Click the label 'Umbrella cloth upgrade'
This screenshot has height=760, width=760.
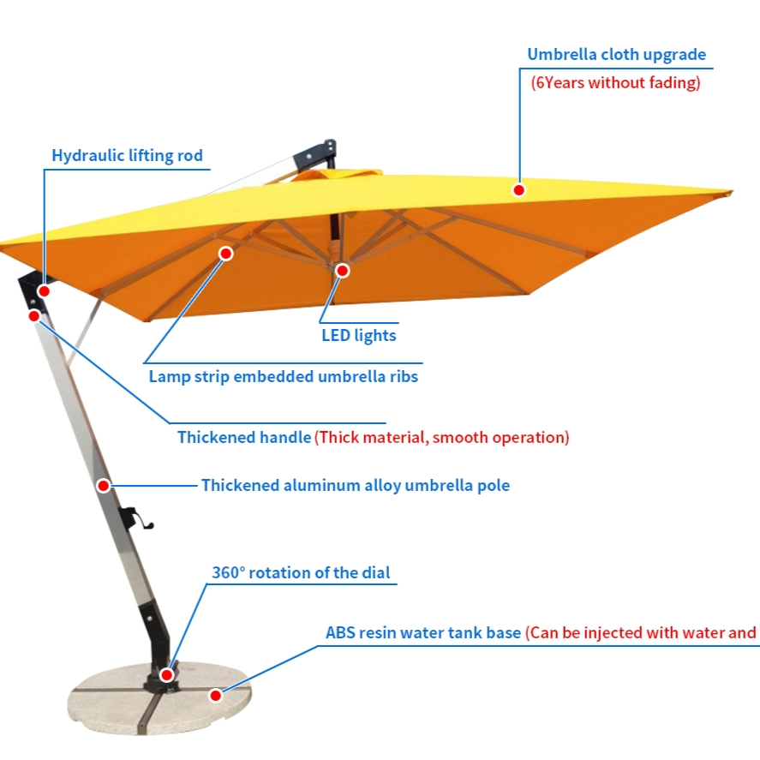[616, 55]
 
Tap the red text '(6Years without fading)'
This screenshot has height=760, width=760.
[616, 83]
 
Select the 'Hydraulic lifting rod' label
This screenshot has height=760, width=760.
[127, 156]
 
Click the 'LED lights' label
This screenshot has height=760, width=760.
[359, 335]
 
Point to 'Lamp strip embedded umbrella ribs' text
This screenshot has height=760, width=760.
[284, 376]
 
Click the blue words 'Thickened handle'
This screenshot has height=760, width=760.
[244, 438]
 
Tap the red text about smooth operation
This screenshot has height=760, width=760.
[441, 438]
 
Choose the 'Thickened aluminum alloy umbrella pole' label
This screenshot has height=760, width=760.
[355, 486]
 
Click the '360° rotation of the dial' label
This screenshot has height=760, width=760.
[301, 572]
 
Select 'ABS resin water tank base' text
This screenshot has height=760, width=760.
[423, 633]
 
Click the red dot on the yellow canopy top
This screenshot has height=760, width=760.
[518, 189]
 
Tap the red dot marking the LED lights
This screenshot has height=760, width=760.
[343, 271]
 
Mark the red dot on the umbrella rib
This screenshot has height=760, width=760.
[226, 254]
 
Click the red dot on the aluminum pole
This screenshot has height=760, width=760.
[104, 486]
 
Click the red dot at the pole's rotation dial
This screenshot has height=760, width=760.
[167, 674]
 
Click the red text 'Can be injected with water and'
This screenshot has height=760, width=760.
[641, 633]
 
